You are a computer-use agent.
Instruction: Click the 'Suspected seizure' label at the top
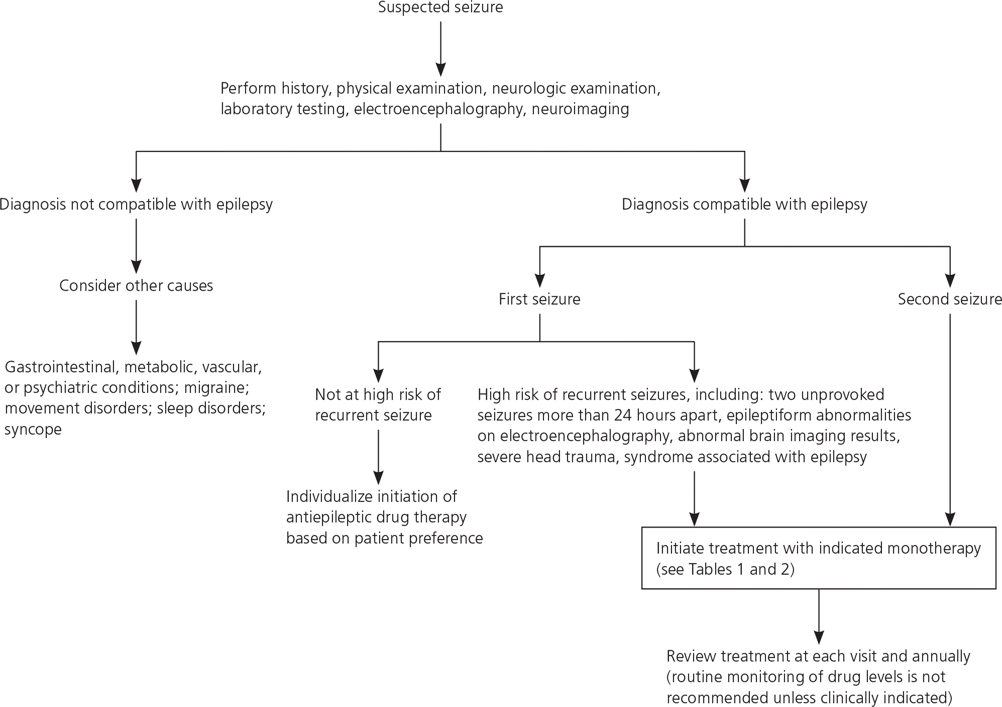click(x=440, y=8)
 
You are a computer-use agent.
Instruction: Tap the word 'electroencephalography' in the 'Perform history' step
click(x=438, y=109)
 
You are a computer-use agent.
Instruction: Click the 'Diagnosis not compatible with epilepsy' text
click(x=136, y=205)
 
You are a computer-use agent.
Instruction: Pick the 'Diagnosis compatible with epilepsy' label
click(x=744, y=205)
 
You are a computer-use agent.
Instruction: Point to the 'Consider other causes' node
click(x=136, y=286)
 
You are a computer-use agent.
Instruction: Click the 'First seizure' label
click(x=539, y=299)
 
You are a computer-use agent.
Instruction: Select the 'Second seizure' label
click(x=950, y=299)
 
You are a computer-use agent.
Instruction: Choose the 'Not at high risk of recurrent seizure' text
click(x=378, y=405)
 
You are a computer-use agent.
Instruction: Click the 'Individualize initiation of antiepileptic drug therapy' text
click(x=384, y=517)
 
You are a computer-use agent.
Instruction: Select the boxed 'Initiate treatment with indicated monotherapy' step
click(x=819, y=558)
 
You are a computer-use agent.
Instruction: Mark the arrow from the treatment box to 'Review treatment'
click(x=819, y=616)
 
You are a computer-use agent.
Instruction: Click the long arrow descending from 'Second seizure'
click(x=950, y=420)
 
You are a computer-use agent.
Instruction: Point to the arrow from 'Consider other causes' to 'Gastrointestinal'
click(x=136, y=327)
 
